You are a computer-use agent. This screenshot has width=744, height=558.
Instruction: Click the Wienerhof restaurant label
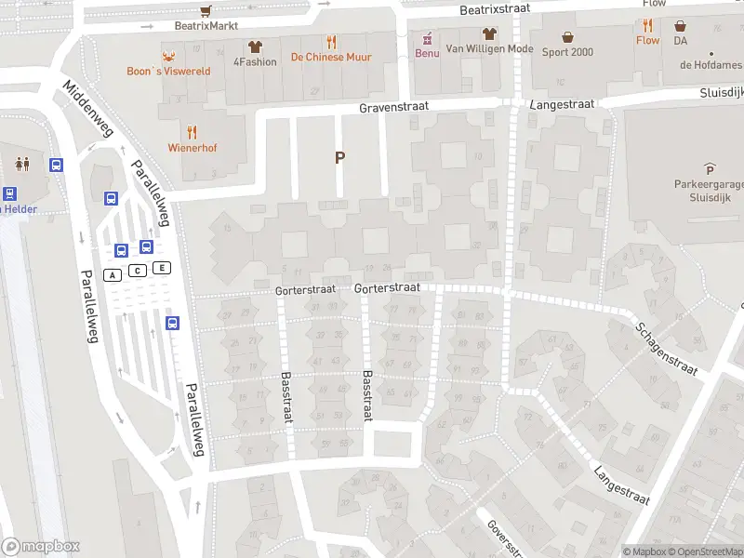click(x=193, y=147)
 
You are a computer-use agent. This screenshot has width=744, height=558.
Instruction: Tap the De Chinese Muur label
click(x=331, y=58)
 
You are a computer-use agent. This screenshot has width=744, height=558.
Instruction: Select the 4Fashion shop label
click(x=255, y=62)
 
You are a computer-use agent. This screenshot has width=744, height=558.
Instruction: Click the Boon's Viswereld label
click(x=169, y=71)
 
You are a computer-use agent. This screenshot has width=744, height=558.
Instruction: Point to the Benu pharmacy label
click(x=427, y=53)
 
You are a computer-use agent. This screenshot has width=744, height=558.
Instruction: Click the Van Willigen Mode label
click(x=489, y=49)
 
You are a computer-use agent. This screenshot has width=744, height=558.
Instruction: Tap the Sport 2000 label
click(x=567, y=52)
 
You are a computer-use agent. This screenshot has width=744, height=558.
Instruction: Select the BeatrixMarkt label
click(x=206, y=26)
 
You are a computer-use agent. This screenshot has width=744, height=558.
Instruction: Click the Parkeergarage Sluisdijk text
click(x=709, y=191)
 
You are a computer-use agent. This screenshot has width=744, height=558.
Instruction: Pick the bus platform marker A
click(x=113, y=274)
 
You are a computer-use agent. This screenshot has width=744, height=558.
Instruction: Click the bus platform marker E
click(x=162, y=269)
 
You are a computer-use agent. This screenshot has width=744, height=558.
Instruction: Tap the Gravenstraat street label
click(x=394, y=107)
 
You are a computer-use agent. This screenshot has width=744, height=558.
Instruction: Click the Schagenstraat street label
click(x=666, y=349)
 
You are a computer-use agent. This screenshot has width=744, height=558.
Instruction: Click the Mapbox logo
click(x=41, y=547)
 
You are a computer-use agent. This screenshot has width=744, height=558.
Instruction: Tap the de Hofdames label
click(x=710, y=65)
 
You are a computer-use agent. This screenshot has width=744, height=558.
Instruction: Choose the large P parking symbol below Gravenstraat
click(x=339, y=158)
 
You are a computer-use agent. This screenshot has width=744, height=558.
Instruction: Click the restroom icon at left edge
click(x=22, y=165)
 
